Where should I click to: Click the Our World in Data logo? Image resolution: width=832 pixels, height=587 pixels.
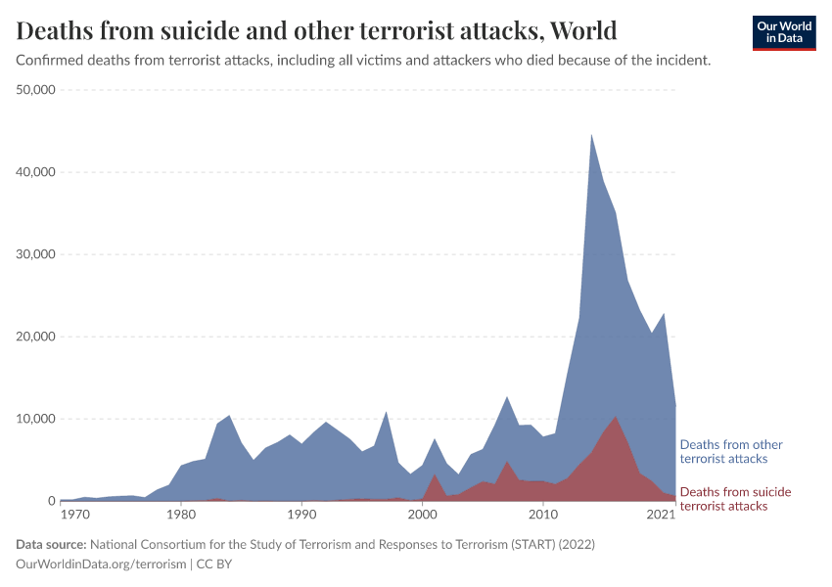(x=784, y=32)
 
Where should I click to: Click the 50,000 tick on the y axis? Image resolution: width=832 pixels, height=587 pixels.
(x=37, y=90)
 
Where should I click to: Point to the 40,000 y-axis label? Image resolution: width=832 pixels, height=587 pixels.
(x=37, y=172)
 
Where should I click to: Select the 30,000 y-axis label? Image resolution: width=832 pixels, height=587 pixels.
(x=37, y=254)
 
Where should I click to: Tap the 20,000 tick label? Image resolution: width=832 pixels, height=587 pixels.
(x=37, y=337)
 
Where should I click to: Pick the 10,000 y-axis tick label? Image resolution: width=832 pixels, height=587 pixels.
(x=37, y=419)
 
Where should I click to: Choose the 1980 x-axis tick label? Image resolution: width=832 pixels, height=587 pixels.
(x=181, y=514)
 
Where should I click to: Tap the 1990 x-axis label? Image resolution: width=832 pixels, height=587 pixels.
(x=301, y=514)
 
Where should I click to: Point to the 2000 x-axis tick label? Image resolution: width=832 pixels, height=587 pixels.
(x=422, y=514)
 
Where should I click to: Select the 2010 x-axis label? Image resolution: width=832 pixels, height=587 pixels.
(x=542, y=514)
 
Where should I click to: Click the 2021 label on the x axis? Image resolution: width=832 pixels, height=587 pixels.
(x=662, y=514)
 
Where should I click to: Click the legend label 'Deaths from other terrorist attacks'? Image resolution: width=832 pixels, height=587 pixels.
(x=731, y=451)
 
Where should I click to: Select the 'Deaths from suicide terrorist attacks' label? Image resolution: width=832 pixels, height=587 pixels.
(x=735, y=499)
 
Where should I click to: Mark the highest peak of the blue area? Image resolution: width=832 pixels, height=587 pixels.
(x=591, y=134)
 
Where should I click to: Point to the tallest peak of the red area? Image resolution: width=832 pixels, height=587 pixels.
(x=616, y=417)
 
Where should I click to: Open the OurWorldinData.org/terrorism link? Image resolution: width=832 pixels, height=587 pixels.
(x=101, y=564)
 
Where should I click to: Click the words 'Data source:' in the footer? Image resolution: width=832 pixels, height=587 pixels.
(x=51, y=544)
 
